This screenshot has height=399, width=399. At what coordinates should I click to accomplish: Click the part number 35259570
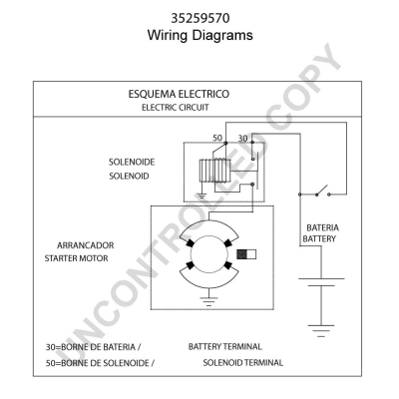[200, 18]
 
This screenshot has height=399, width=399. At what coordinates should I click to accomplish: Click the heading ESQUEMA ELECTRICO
[179, 94]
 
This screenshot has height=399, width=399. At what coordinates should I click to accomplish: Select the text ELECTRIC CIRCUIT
[176, 108]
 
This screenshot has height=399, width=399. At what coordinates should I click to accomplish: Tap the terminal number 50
[217, 138]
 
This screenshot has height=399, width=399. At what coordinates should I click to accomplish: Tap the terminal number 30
[242, 138]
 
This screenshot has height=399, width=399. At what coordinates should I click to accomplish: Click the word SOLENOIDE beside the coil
[132, 162]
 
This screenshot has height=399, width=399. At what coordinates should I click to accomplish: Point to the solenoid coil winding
[214, 171]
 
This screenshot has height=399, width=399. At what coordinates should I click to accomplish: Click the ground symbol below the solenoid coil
[201, 196]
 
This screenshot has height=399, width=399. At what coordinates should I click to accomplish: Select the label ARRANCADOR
[86, 245]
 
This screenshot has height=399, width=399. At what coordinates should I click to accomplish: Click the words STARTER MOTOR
[77, 258]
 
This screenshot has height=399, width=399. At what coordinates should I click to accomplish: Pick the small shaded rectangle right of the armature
[246, 254]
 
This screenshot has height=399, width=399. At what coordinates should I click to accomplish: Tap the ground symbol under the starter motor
[208, 301]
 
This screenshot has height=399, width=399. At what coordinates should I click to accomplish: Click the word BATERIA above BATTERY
[322, 227]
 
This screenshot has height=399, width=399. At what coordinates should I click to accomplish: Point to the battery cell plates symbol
[321, 282]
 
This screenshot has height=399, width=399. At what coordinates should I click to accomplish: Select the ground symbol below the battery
[321, 331]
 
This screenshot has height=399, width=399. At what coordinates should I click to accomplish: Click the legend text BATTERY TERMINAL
[225, 347]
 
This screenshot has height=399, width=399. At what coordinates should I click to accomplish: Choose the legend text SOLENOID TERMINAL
[243, 362]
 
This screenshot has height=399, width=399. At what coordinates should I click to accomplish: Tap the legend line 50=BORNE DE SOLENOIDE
[100, 363]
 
